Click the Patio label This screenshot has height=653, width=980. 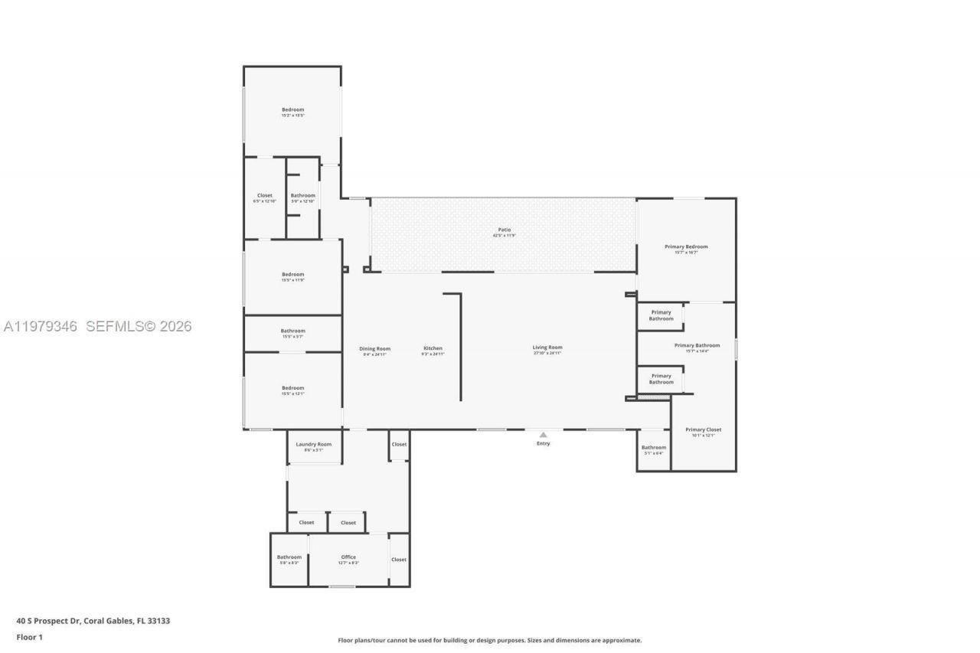click(x=503, y=230)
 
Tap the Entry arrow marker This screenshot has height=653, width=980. click(x=543, y=435)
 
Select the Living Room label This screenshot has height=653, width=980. click(x=547, y=348)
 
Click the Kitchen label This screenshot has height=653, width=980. click(x=433, y=348)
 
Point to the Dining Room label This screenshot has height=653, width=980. click(x=374, y=349)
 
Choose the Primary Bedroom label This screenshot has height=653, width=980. click(x=686, y=247)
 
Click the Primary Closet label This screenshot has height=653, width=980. click(x=703, y=429)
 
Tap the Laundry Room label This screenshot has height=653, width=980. click(x=313, y=444)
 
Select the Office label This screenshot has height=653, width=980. click(x=348, y=557)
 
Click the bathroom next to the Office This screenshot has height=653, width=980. click(x=289, y=557)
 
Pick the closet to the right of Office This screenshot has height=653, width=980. click(x=399, y=560)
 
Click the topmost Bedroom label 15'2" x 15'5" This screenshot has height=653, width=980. click(x=292, y=109)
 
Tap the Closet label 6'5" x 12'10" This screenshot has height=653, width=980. click(x=264, y=195)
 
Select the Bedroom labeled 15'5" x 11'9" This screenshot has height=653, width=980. click(x=292, y=274)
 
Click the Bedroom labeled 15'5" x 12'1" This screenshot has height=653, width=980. click(x=292, y=388)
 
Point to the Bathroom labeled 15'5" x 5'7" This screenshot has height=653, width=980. click(x=292, y=331)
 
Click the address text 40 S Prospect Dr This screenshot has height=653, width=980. click(x=93, y=621)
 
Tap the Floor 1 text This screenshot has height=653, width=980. click(x=30, y=637)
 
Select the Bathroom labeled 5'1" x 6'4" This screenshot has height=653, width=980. click(x=653, y=448)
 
